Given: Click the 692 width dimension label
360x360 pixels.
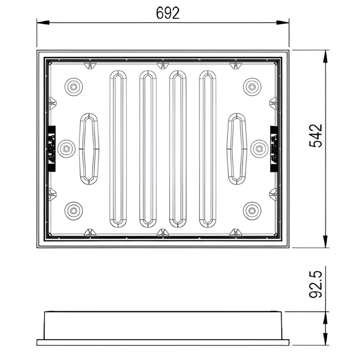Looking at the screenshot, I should [x=168, y=13].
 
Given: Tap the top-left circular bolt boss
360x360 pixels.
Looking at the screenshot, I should [x=73, y=86].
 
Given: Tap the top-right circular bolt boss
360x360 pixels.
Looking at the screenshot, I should [x=252, y=86].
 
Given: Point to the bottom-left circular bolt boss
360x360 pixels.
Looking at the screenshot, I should [x=73, y=211].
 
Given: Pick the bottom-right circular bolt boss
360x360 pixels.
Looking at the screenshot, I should [x=252, y=211].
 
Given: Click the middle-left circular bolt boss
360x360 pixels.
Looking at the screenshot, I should [x=66, y=148].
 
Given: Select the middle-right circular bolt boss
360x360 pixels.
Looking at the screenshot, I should [x=259, y=148].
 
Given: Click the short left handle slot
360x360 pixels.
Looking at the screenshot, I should [x=89, y=149].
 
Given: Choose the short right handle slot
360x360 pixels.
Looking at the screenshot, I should [x=237, y=149].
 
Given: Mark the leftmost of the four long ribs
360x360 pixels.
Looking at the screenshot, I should [x=118, y=148].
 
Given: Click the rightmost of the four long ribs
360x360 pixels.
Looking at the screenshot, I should [x=207, y=148].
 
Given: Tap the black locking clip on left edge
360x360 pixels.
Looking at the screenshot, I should [x=51, y=148].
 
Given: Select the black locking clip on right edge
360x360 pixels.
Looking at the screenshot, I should [x=274, y=148].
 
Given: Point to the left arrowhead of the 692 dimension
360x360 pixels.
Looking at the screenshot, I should [x=40, y=22].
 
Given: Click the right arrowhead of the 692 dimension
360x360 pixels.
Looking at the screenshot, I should [x=285, y=22].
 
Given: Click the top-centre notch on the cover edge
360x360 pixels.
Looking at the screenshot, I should [x=163, y=65].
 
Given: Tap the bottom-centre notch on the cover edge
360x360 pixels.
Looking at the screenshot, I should [x=163, y=233].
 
